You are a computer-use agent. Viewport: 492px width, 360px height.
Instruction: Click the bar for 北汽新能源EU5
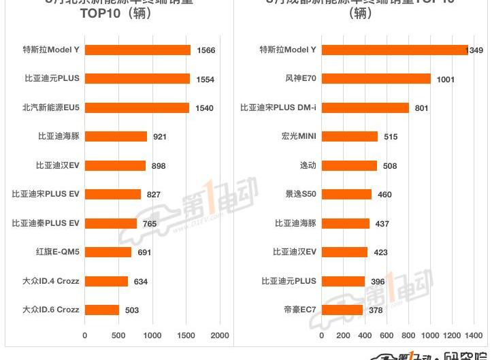[x=137, y=108]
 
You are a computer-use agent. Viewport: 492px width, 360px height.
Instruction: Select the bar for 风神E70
[x=376, y=79]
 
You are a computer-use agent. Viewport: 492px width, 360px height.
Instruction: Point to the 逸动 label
[x=308, y=165]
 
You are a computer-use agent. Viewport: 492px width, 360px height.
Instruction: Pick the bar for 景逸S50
[x=346, y=195]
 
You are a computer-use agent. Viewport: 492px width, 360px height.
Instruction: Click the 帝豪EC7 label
[x=300, y=310]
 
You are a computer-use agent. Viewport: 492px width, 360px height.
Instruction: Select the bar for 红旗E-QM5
[x=108, y=252]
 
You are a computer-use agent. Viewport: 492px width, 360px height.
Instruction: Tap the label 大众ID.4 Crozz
[x=51, y=281]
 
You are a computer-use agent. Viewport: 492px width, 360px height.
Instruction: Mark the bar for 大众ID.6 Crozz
[x=102, y=310]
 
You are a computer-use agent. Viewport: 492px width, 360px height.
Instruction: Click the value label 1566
[x=206, y=50]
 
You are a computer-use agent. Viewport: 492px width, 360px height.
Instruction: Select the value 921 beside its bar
[x=160, y=137]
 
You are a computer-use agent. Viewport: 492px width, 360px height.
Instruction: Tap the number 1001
[x=446, y=80]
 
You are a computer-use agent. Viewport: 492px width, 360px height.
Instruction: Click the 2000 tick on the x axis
[x=220, y=336]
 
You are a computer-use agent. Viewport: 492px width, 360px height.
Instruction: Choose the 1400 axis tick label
[x=474, y=336]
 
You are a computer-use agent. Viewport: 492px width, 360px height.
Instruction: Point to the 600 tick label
[x=387, y=336]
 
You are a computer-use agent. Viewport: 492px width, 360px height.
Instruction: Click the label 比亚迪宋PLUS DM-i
[x=278, y=108]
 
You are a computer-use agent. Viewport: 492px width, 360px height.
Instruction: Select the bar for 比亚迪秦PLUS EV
[x=111, y=223]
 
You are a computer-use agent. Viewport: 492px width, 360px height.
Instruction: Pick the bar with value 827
[x=113, y=195]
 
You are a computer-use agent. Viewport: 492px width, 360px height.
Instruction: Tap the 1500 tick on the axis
[x=186, y=336]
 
